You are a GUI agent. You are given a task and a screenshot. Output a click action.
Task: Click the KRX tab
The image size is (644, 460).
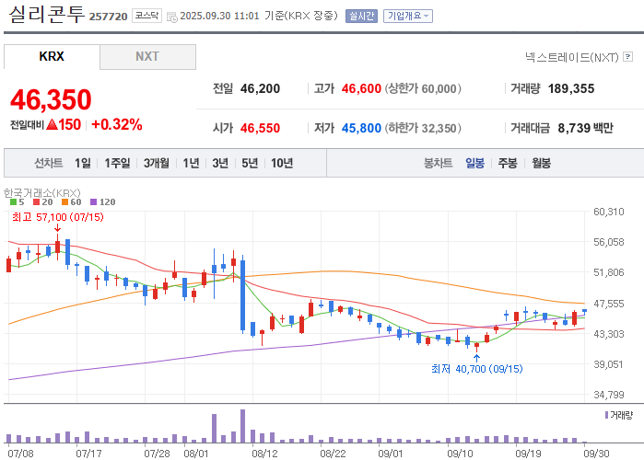tap(52, 56)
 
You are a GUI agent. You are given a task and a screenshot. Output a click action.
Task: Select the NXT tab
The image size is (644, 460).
tap(147, 56)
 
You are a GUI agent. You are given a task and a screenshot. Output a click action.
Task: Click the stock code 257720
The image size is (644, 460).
tap(109, 17)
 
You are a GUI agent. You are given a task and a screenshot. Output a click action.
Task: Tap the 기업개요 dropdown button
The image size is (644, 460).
tap(408, 16)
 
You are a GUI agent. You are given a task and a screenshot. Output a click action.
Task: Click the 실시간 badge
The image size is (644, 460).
tap(361, 16)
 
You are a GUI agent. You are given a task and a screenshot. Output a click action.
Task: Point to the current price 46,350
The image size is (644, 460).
tap(51, 99)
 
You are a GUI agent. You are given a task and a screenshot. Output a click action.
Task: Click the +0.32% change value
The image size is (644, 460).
tap(117, 124)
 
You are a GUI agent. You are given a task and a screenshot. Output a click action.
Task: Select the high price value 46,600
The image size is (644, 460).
tap(361, 88)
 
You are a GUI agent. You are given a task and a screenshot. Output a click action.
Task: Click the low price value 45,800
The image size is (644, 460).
tap(361, 128)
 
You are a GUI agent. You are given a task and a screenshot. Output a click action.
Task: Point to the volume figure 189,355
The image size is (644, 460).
tap(571, 88)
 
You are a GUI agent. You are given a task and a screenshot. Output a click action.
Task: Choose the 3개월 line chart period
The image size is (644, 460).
tap(157, 163)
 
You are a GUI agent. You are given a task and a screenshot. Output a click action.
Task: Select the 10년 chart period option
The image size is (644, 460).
tap(282, 163)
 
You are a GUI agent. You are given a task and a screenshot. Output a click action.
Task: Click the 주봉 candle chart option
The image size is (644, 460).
tap(508, 163)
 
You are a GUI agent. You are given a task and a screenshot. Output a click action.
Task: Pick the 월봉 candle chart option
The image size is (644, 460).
tap(542, 163)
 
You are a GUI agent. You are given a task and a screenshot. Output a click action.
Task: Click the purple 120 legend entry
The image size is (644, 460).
tap(102, 202)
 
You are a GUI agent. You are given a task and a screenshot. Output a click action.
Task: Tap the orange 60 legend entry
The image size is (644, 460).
tap(72, 202)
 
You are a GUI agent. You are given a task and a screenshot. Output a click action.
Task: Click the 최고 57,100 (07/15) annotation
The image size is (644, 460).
tap(58, 217)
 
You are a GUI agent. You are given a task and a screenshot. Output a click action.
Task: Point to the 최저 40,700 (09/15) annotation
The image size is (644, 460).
tap(477, 369)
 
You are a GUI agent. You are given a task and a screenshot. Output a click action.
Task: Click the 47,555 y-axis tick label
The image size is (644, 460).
tap(609, 304)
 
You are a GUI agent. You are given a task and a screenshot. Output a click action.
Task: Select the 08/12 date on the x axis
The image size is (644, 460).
tap(264, 454)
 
